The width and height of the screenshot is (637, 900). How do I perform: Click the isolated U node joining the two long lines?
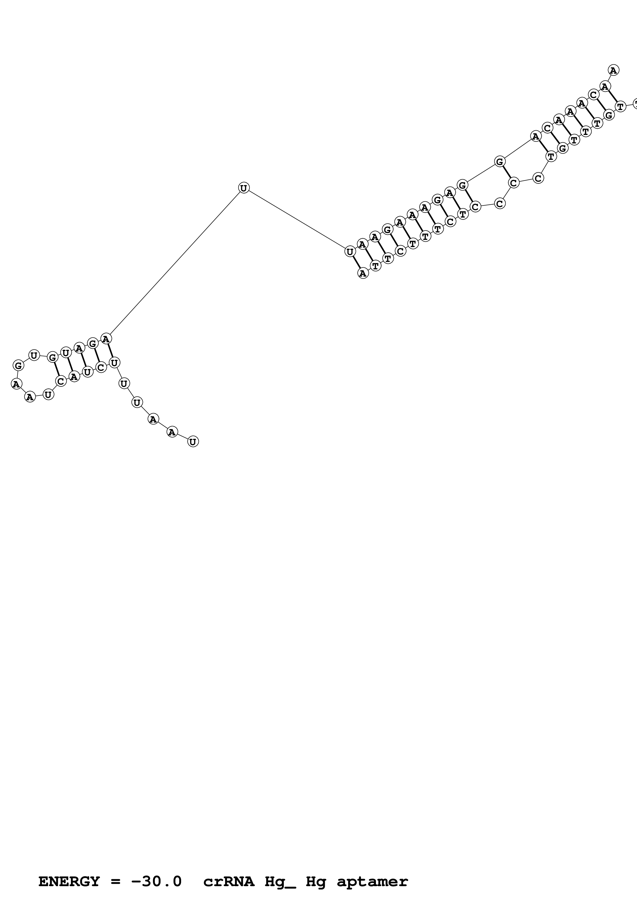pyautogui.click(x=243, y=188)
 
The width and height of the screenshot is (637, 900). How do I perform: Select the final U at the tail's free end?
pyautogui.click(x=193, y=441)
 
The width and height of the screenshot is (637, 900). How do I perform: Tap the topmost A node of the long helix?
pyautogui.click(x=613, y=70)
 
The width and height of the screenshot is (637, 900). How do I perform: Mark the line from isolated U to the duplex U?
pyautogui.click(x=296, y=220)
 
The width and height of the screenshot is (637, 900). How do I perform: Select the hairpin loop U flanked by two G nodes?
pyautogui.click(x=34, y=356)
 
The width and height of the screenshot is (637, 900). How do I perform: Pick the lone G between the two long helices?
pyautogui.click(x=499, y=161)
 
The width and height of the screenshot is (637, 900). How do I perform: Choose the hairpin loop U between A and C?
pyautogui.click(x=48, y=394)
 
